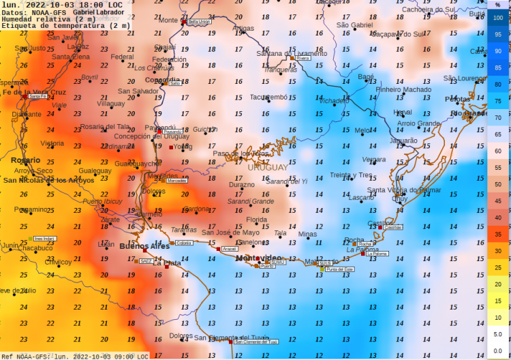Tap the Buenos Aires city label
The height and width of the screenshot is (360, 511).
coord(144,245)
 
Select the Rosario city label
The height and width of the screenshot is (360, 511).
coord(25,160)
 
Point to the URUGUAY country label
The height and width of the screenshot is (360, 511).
coord(267,167)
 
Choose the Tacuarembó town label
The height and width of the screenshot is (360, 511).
coord(268,97)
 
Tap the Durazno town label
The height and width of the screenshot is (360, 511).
coord(241,185)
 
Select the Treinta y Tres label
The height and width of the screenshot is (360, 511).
coord(351,175)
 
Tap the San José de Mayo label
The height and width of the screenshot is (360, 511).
coord(230,232)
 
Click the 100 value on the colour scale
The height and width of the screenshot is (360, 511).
coord(499,18)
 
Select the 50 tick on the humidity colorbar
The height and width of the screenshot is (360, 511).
coord(499,185)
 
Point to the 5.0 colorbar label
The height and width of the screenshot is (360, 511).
coord(499,334)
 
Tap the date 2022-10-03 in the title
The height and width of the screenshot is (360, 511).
coord(52,4)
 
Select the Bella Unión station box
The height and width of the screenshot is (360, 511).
coord(199,22)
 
